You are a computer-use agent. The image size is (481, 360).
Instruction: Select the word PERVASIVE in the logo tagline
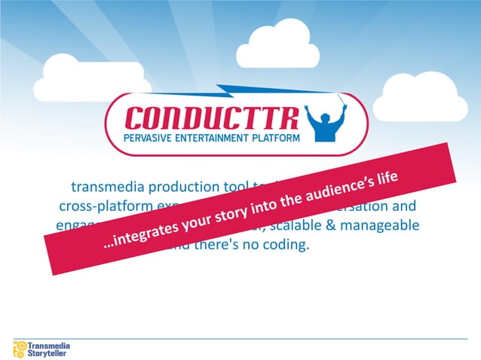[x=149, y=137]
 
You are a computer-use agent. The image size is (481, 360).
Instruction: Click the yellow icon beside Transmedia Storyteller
[x=20, y=348]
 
